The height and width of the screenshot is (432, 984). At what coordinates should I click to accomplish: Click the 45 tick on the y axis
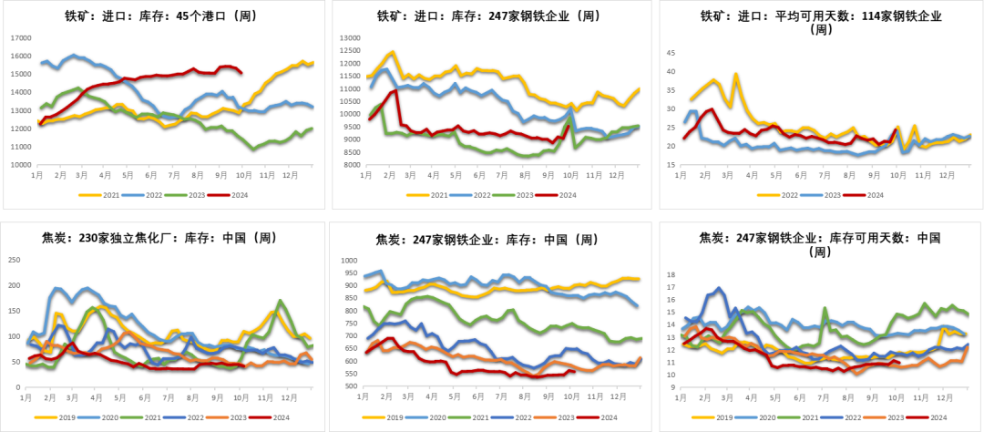pyautogui.click(x=671, y=52)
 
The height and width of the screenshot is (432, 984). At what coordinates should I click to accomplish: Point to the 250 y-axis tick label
pyautogui.click(x=14, y=260)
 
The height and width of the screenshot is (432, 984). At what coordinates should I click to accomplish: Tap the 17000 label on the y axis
pyautogui.click(x=20, y=37)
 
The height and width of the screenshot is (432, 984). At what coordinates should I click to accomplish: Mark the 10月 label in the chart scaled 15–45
pyautogui.click(x=897, y=174)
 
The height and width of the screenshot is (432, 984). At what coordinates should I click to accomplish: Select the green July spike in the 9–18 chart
pyautogui.click(x=825, y=308)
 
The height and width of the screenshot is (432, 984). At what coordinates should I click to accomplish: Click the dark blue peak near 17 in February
pyautogui.click(x=720, y=288)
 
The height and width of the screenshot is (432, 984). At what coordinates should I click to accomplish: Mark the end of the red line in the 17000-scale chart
pyautogui.click(x=241, y=72)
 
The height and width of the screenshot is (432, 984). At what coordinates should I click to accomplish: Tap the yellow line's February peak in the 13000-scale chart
pyautogui.click(x=393, y=52)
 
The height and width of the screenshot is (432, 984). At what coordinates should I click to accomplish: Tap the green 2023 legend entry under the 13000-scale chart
pyautogui.click(x=521, y=194)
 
